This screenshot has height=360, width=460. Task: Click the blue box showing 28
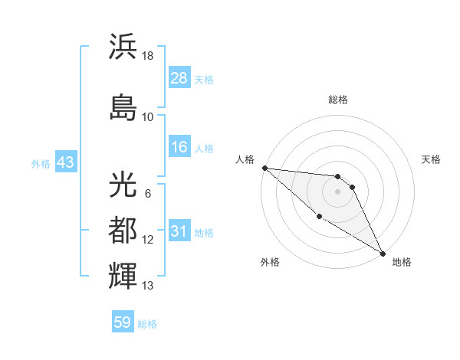[x=179, y=79]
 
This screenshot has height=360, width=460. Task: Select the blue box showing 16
[x=179, y=148]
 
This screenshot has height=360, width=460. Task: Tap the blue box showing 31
[x=179, y=231]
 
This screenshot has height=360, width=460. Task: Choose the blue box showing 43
[x=65, y=163]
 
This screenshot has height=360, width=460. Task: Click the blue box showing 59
[x=123, y=322]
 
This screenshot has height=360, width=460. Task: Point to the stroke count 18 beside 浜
[x=148, y=56]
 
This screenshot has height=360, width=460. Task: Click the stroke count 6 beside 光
[x=147, y=193]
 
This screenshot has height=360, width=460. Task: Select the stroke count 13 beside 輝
[x=148, y=286]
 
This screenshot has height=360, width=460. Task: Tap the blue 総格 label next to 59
[x=147, y=324]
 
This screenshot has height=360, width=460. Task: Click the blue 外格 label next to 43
[x=40, y=164]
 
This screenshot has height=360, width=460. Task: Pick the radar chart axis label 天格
[x=432, y=159]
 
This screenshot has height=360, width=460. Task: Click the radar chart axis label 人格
[x=245, y=159]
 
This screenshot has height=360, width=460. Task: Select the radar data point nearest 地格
[x=383, y=253]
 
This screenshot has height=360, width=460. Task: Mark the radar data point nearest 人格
[x=264, y=168]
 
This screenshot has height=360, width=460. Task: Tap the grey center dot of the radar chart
[x=337, y=191]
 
